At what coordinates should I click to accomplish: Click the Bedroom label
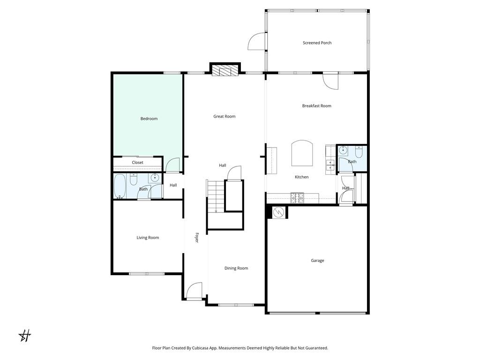tap(149, 119)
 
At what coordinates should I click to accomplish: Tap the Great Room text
tap(224, 116)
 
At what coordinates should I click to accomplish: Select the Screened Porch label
tap(317, 43)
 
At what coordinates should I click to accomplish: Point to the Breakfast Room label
tap(316, 106)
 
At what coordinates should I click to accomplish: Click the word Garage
tap(317, 261)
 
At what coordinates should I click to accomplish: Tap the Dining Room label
tap(236, 268)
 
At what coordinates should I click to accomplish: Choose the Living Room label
tap(148, 238)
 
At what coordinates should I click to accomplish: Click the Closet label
tap(137, 163)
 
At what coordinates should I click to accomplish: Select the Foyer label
tap(197, 238)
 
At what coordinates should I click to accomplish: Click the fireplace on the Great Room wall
tap(225, 70)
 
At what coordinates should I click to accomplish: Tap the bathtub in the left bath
tap(120, 186)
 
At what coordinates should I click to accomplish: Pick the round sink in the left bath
tap(154, 178)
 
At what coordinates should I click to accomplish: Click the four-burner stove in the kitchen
tap(297, 198)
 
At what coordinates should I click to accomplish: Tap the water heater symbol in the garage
tap(278, 212)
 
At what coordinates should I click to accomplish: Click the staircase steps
tap(216, 196)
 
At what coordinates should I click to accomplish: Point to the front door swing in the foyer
tap(194, 291)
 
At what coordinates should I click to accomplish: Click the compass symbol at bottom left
tap(25, 336)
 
